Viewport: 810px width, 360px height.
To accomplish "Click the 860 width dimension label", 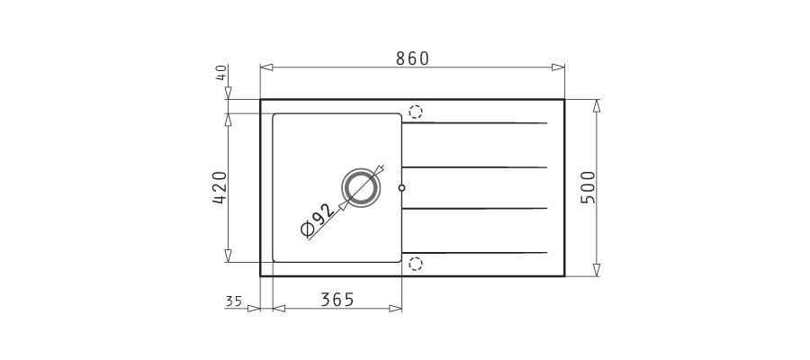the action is coord(412,58).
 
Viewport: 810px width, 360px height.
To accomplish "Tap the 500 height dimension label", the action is coord(588,187).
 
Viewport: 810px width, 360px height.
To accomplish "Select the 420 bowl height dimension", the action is coord(220,187).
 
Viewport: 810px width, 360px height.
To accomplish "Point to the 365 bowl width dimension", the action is coord(337,300).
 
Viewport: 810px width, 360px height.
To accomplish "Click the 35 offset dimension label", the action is coord(234,301).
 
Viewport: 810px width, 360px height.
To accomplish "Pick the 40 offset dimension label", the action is coord(221,72).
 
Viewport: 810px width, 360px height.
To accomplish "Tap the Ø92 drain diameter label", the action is coord(317,220).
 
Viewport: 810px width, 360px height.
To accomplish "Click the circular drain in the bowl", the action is coord(361,187).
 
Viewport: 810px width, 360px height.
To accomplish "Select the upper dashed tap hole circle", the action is coord(415,112).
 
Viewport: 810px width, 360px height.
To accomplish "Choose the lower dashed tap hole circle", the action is coord(415,264).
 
